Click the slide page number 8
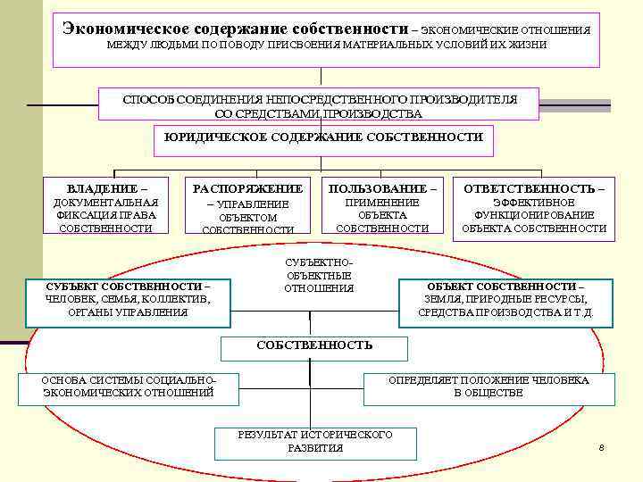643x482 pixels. [602, 446]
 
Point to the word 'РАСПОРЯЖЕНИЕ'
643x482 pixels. [247, 189]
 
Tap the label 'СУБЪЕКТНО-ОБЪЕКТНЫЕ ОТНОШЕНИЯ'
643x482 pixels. [319, 276]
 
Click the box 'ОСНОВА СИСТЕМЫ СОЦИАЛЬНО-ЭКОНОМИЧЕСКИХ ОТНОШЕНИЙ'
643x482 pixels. [129, 386]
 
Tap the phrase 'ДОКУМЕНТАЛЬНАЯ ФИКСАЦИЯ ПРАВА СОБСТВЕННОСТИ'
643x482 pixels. [105, 215]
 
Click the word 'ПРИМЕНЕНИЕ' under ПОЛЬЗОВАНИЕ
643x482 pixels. [382, 203]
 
